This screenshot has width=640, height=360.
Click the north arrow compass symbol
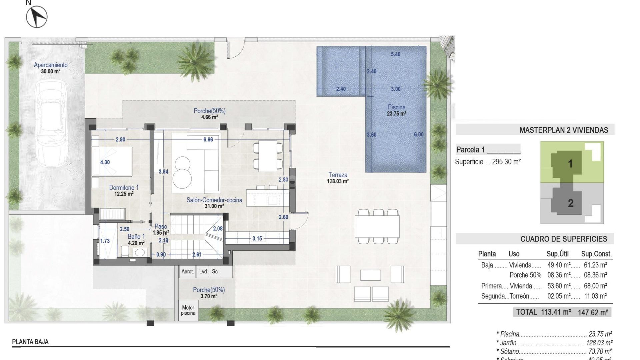coord(37,17)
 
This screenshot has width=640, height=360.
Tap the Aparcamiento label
coord(51,65)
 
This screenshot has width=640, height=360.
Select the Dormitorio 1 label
coord(124,188)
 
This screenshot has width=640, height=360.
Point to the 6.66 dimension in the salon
coord(208,140)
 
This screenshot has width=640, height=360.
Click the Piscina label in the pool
coord(396,107)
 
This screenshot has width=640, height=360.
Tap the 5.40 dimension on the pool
coord(395,54)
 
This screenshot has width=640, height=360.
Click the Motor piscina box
coord(188,310)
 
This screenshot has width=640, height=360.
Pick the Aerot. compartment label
coord(187,272)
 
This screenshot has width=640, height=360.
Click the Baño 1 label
coord(136,237)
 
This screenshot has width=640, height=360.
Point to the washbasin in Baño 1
coord(140,252)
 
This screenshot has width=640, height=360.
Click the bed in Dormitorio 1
coord(113,162)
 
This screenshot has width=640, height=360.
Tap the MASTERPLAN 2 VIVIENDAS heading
coord(564,130)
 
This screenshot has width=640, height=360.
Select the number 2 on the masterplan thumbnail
coord(570,203)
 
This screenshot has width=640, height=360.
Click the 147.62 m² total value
coord(593,312)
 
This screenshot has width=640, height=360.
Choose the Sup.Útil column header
coord(557,254)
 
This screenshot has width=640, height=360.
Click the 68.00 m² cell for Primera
coord(595,286)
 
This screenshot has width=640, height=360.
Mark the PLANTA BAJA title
coord(30,342)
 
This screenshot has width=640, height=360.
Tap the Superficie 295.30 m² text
coord(488,162)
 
